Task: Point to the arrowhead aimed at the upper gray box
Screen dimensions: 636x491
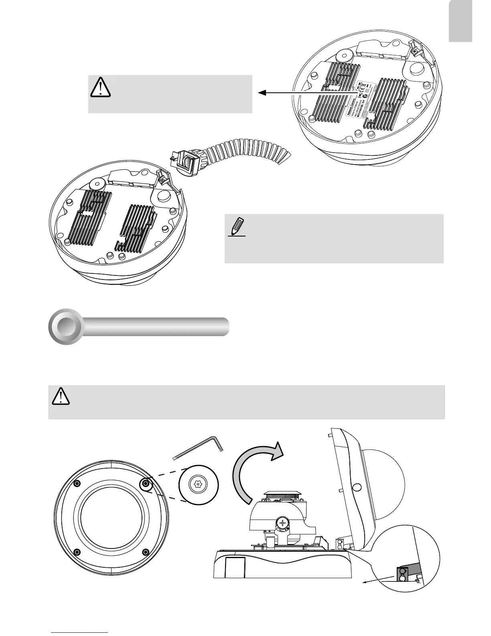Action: pos(262,93)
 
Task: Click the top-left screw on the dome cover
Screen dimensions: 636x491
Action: pos(78,483)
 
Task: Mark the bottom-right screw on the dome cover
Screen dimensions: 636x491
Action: pos(146,552)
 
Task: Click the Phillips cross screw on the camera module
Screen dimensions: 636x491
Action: pos(283,523)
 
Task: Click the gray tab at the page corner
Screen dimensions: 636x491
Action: pos(460,21)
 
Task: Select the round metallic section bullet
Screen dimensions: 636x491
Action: pos(66,326)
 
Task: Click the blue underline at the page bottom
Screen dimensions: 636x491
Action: pos(80,632)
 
